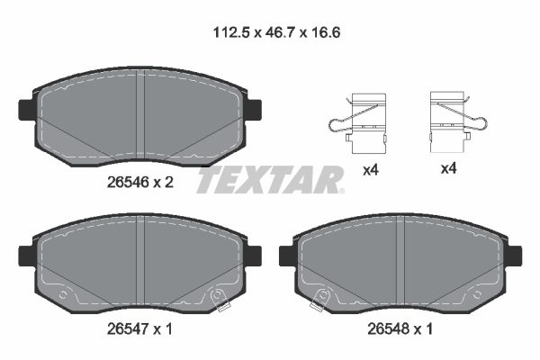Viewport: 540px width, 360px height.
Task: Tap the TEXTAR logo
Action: pyautogui.click(x=270, y=180)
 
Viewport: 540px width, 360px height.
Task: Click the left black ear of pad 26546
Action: pyautogui.click(x=26, y=110)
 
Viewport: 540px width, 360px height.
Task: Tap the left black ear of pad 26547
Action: pyautogui.click(x=26, y=256)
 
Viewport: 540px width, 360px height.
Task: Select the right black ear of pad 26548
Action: pyautogui.click(x=512, y=256)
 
